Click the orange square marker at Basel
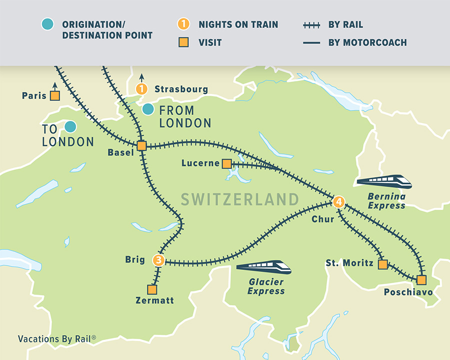tap(141, 146)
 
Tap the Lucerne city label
tap(200, 163)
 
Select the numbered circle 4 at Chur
tap(338, 202)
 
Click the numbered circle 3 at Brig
tap(158, 260)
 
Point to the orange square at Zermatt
tap(152, 289)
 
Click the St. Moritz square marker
tap(382, 264)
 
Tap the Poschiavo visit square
tap(421, 279)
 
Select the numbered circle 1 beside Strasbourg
tap(142, 89)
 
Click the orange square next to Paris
tap(55, 95)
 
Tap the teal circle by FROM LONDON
tap(148, 109)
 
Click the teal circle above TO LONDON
tap(70, 127)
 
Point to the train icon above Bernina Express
tap(383, 181)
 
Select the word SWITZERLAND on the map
tap(239, 199)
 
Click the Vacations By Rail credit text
tap(56, 338)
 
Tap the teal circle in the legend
tap(47, 24)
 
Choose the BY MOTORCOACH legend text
tap(367, 42)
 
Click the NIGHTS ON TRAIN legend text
tap(238, 24)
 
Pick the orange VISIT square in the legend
tap(184, 42)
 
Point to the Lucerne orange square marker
tap(226, 163)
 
